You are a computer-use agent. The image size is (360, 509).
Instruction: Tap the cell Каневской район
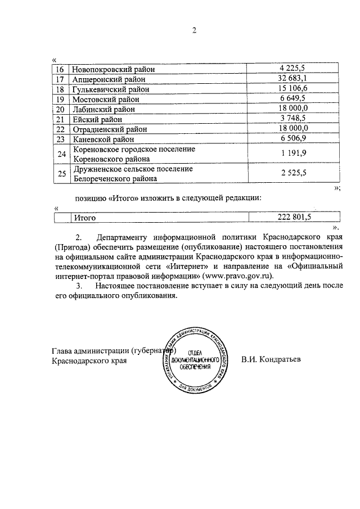tap(104, 139)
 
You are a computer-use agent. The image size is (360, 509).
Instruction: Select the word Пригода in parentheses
tap(71, 246)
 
